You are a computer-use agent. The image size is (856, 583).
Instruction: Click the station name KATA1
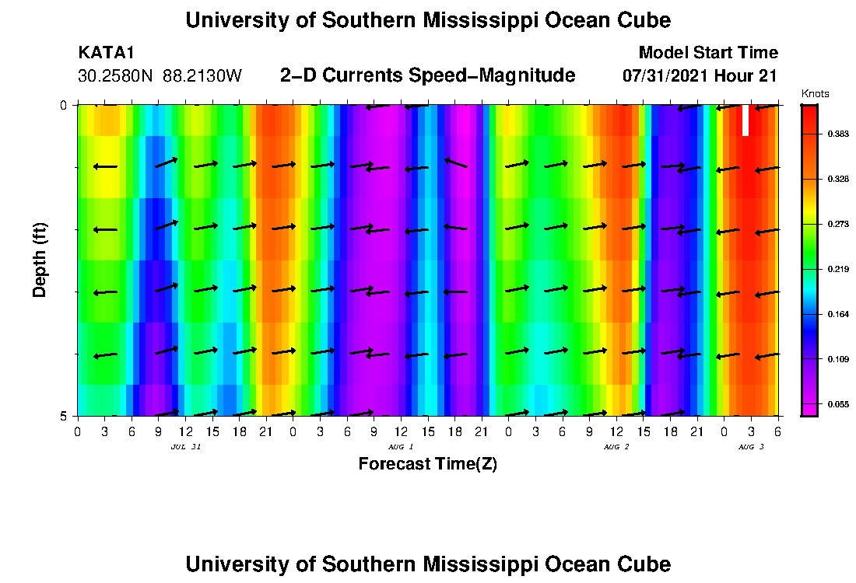click(x=107, y=53)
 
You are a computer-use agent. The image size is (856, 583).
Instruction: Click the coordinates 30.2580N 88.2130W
click(x=160, y=76)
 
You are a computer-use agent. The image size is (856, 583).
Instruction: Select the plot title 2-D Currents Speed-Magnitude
click(x=427, y=75)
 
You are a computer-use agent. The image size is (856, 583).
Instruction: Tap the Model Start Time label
click(x=707, y=53)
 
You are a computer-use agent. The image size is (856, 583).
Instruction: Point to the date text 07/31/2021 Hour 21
click(x=700, y=76)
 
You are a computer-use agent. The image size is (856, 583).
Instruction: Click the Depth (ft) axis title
click(x=40, y=260)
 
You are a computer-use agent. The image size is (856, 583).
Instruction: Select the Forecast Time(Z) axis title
click(x=427, y=464)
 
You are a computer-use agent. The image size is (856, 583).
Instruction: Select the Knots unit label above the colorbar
click(x=815, y=93)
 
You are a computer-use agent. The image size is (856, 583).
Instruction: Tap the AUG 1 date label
click(x=401, y=447)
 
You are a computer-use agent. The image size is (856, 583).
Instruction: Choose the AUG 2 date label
click(x=616, y=447)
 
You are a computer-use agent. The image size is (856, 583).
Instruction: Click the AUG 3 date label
click(x=751, y=447)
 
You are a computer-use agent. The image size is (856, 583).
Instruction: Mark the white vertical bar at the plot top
click(x=745, y=120)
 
